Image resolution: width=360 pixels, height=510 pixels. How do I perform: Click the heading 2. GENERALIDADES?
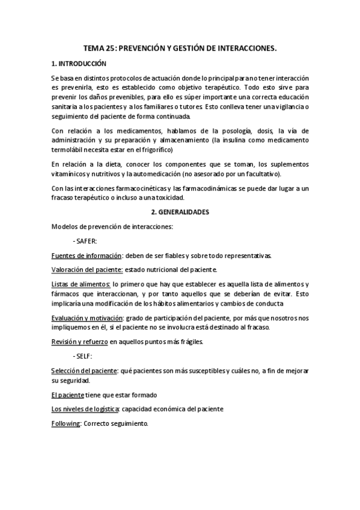click(180, 212)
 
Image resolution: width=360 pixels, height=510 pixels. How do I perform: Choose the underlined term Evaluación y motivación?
click(88, 318)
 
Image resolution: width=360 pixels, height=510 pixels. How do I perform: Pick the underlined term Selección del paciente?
click(85, 371)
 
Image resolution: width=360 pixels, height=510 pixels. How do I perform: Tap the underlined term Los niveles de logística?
click(86, 410)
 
